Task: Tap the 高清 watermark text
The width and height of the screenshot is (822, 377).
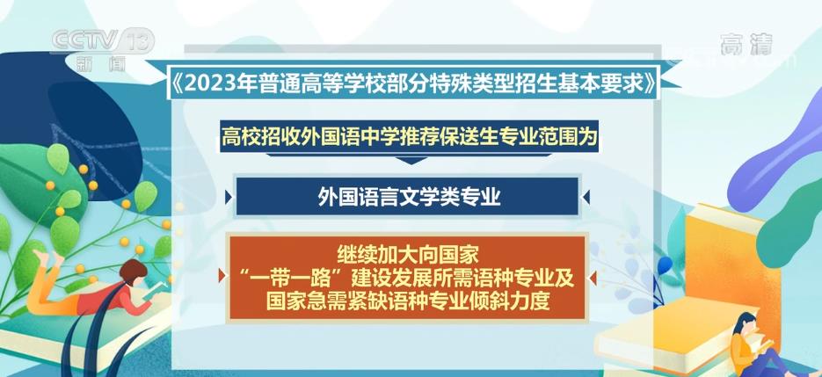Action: click(746, 44)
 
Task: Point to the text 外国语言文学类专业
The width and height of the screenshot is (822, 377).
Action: click(409, 197)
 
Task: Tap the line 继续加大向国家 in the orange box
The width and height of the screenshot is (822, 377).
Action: click(408, 257)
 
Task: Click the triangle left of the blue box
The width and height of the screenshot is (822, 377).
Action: click(228, 197)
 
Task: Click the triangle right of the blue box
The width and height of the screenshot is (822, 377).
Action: click(586, 197)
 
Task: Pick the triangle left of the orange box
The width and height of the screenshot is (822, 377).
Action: click(222, 277)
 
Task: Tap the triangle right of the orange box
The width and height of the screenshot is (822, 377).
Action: click(593, 278)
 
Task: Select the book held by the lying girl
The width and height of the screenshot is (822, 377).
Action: click(156, 290)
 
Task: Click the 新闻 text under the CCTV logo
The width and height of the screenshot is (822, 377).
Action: click(101, 64)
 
